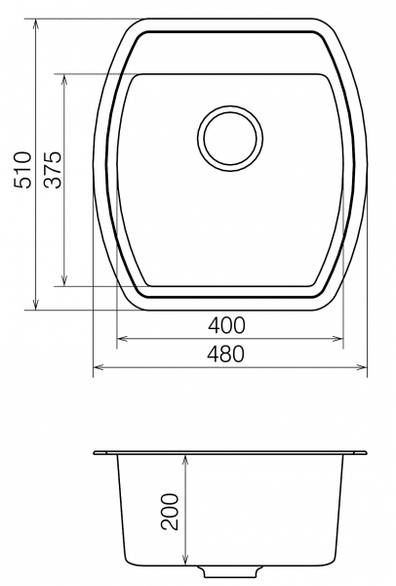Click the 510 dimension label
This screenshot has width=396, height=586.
pyautogui.click(x=21, y=170)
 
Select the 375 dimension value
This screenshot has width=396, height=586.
pyautogui.click(x=52, y=170)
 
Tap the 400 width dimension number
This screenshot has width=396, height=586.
pyautogui.click(x=226, y=325)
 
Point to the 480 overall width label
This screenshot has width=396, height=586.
pyautogui.click(x=226, y=354)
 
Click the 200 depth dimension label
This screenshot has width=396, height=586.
pyautogui.click(x=170, y=512)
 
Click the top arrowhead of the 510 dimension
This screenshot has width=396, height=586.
pyautogui.click(x=36, y=23)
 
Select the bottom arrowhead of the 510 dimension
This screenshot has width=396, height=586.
pyautogui.click(x=36, y=305)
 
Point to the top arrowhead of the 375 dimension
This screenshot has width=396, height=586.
pyautogui.click(x=65, y=79)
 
